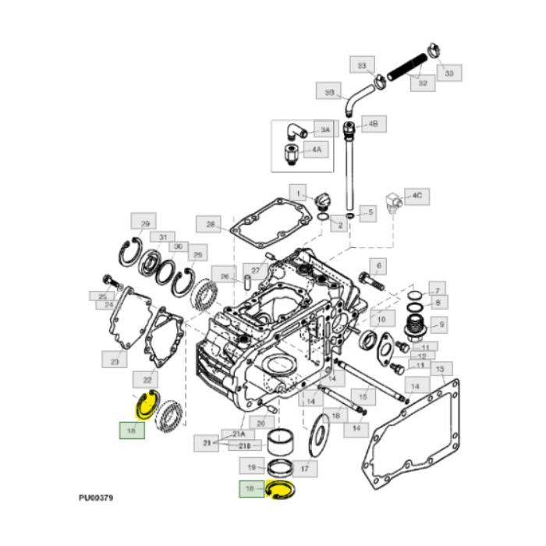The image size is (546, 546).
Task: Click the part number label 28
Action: click(x=211, y=224)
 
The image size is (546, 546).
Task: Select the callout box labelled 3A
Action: click(x=322, y=129)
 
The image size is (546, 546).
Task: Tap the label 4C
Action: click(x=417, y=194)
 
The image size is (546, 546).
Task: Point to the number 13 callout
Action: click(x=440, y=368)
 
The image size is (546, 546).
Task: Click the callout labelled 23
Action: click(x=115, y=360)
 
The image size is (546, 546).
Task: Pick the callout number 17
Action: click(x=304, y=470)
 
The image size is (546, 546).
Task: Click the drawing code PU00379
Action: click(x=96, y=497)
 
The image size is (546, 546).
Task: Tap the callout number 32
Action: click(x=423, y=82)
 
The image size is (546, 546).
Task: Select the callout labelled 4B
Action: click(x=373, y=124)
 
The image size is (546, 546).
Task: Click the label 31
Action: click(x=163, y=237)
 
